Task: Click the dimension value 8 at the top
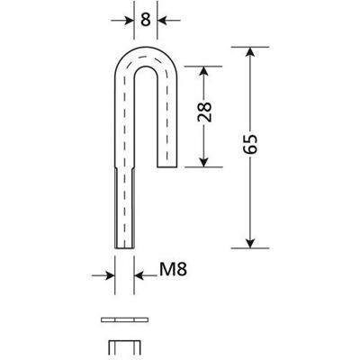click(146, 20)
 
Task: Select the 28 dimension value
click(204, 112)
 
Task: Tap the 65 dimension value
click(250, 144)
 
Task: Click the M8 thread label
click(173, 269)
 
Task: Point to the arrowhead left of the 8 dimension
click(130, 21)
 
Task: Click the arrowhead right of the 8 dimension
click(162, 21)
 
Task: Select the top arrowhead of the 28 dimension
click(203, 71)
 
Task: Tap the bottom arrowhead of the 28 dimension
click(203, 162)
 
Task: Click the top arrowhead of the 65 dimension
click(250, 52)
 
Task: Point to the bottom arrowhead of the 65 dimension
click(250, 243)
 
